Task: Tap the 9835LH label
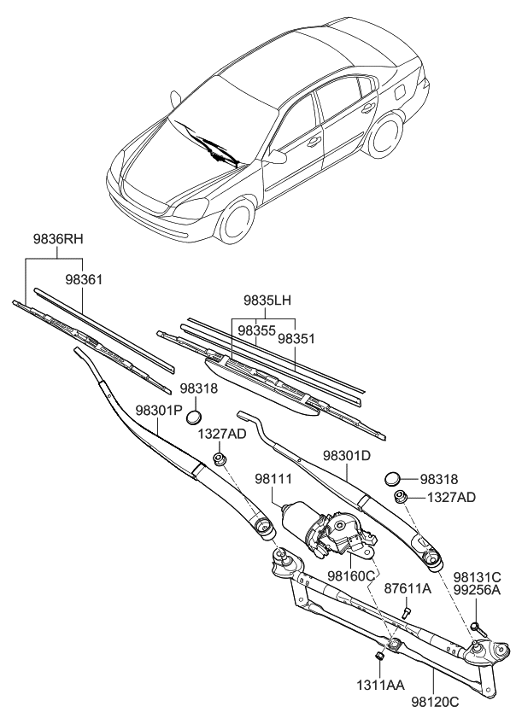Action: [267, 301]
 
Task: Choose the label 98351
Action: [296, 338]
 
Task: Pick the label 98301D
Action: [348, 456]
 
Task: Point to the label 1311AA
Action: [381, 685]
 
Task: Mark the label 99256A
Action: [476, 590]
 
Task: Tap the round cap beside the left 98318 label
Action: [195, 417]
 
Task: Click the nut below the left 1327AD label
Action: [220, 460]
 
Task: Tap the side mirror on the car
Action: [276, 157]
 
